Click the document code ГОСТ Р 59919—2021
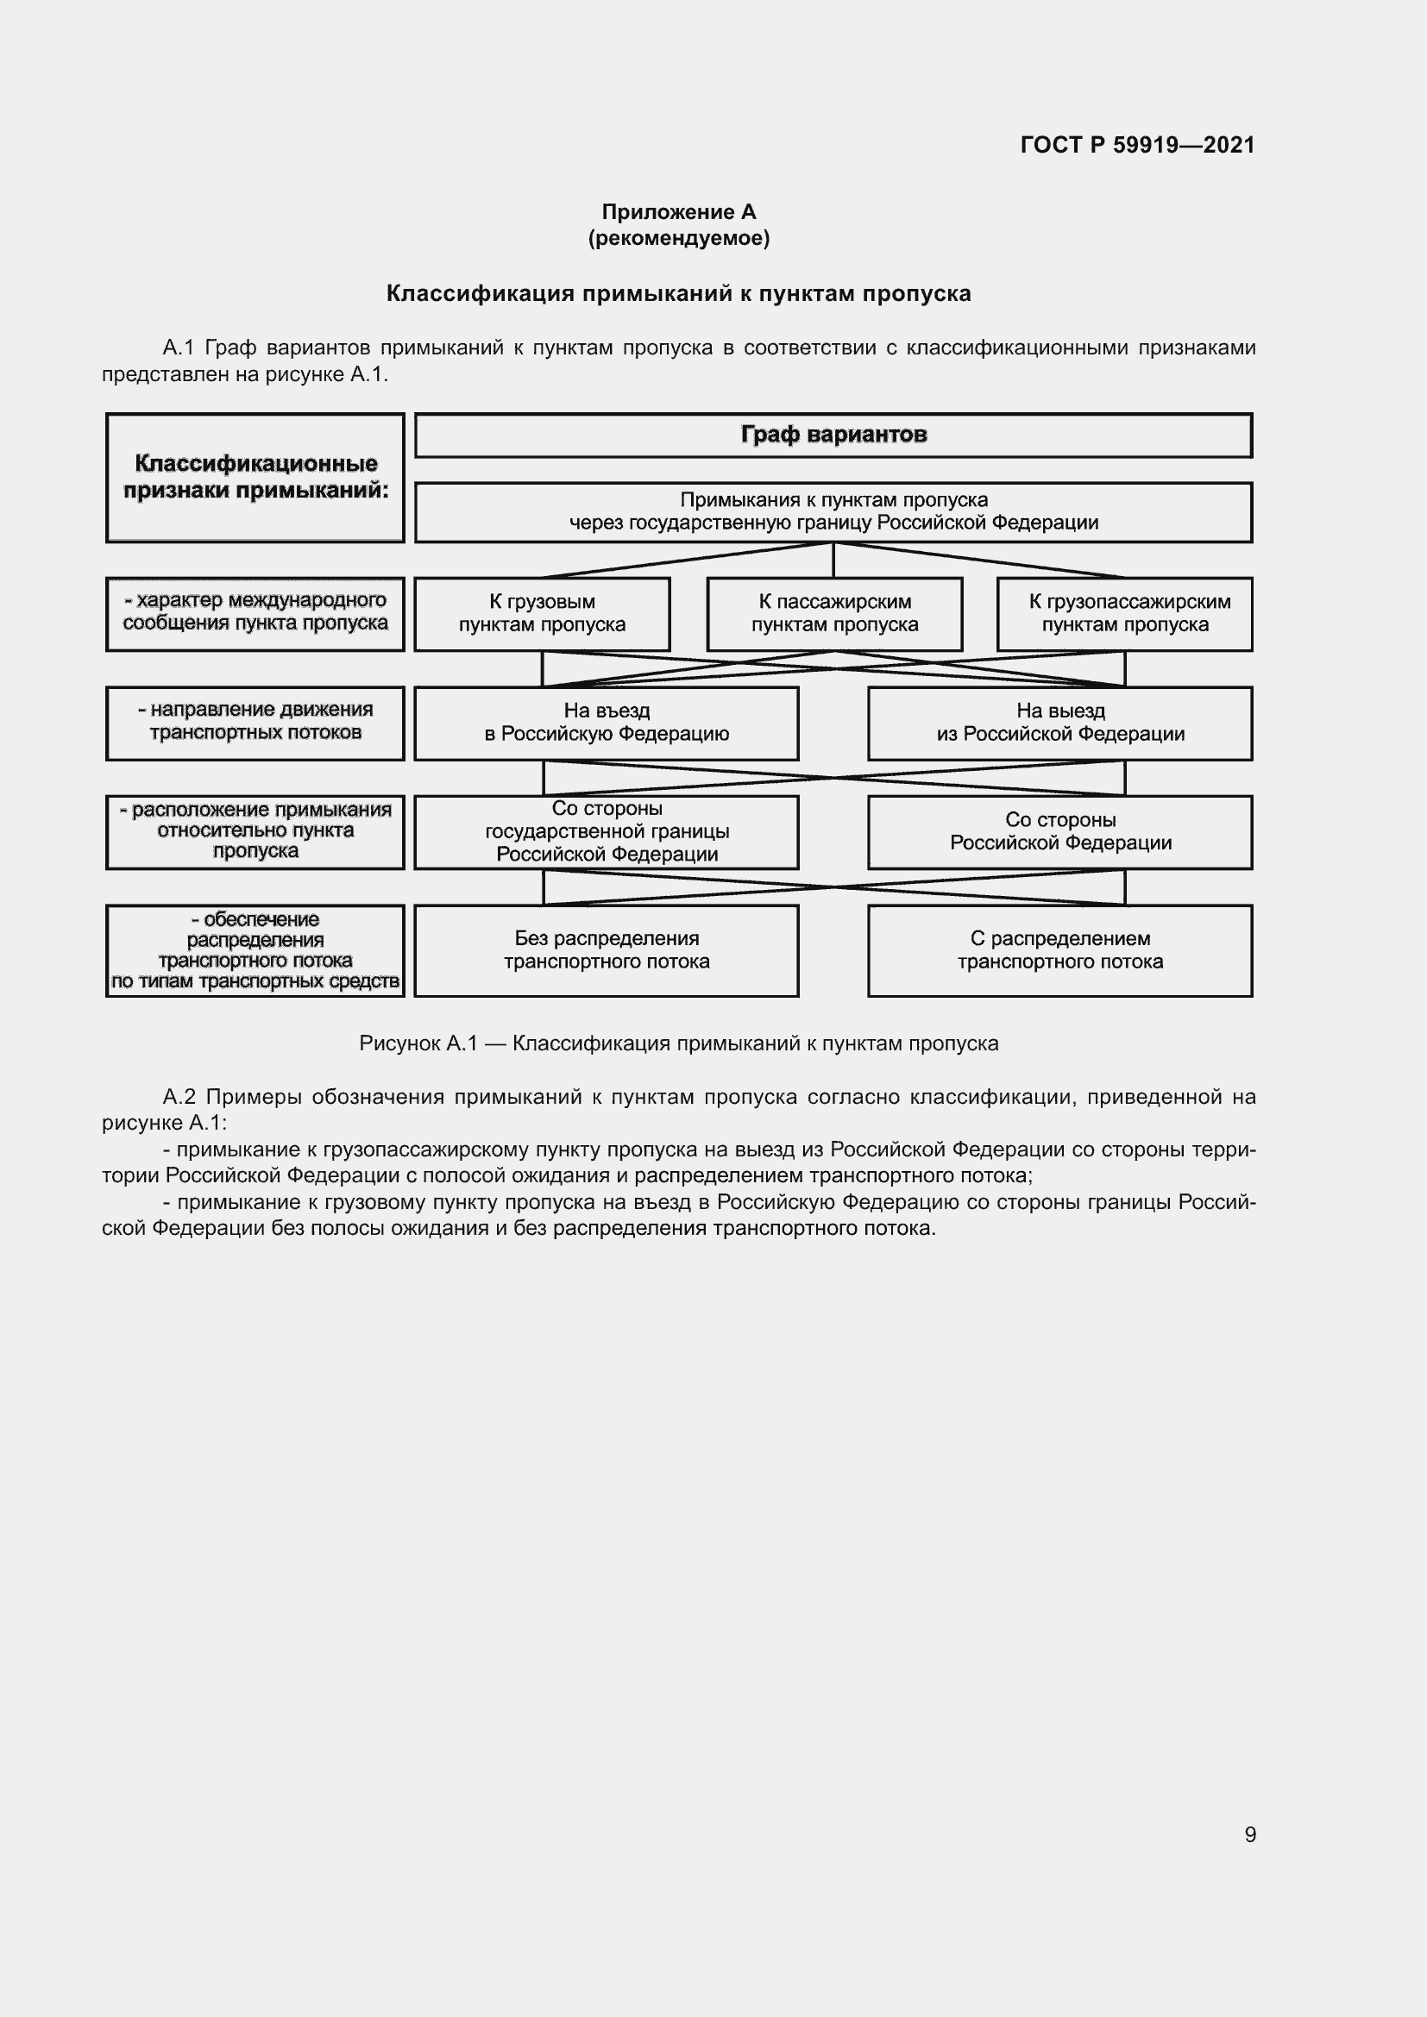[x=1137, y=145]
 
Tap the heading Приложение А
[x=678, y=212]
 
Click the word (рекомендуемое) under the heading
[x=678, y=238]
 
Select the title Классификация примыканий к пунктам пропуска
[x=678, y=293]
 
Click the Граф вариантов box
[x=833, y=435]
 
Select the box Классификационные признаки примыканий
[x=255, y=477]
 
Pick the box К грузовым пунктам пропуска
[x=542, y=613]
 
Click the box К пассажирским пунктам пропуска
[x=835, y=613]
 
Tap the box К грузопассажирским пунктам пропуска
[x=1125, y=613]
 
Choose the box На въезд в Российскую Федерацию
[x=607, y=722]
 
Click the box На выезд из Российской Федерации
[x=1059, y=722]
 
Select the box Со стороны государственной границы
[x=607, y=831]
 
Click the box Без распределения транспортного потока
[x=607, y=949]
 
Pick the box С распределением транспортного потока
[x=1059, y=949]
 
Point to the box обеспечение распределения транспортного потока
[x=255, y=949]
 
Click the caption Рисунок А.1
[x=418, y=1043]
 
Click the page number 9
[x=1249, y=1834]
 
